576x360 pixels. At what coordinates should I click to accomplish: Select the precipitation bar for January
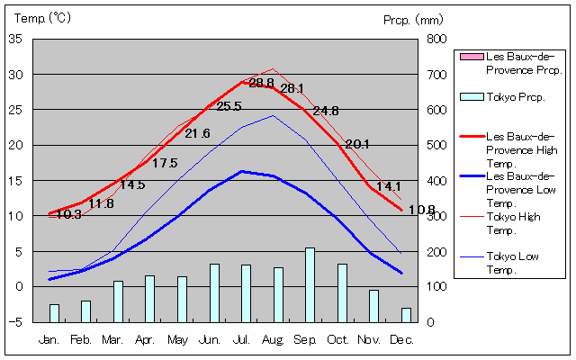[54, 312]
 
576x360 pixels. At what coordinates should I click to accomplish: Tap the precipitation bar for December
[406, 314]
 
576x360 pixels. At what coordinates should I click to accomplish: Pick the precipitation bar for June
[214, 292]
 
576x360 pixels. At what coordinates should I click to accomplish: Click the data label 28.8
[261, 84]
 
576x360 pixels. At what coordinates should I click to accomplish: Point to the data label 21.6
[197, 134]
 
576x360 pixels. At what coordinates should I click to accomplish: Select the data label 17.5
[165, 164]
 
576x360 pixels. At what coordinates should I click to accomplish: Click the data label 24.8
[326, 112]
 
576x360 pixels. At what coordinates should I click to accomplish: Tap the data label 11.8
[101, 204]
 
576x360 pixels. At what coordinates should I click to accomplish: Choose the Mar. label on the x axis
[112, 339]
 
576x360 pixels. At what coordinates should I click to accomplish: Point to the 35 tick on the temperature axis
[16, 40]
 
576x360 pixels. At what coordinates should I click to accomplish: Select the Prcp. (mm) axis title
[413, 19]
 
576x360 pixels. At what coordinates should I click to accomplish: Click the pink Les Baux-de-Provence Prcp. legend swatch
[471, 58]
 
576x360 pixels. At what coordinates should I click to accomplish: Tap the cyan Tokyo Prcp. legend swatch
[471, 96]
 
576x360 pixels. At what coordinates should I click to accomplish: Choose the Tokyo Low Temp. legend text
[514, 263]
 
